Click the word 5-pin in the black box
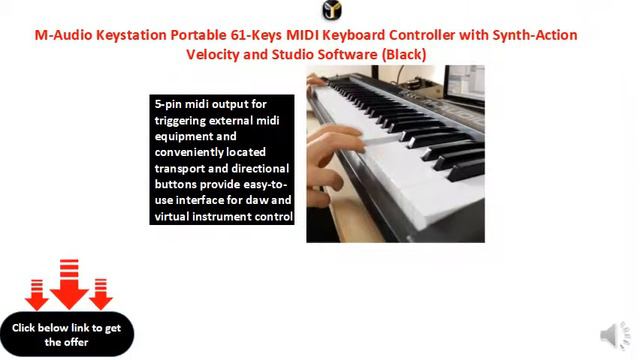(171, 104)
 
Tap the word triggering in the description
(187, 120)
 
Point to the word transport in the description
(186, 168)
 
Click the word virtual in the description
(179, 216)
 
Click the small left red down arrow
(37, 294)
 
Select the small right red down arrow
(100, 294)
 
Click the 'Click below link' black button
(67, 334)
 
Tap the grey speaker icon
(612, 335)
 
